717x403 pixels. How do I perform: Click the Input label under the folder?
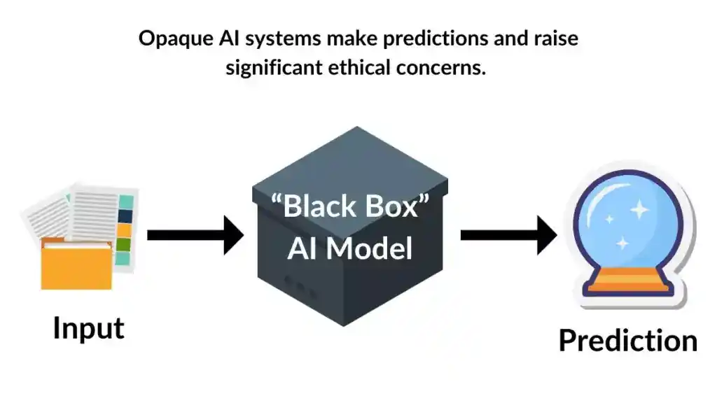tap(88, 328)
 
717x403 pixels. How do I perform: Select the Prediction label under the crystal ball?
tap(627, 341)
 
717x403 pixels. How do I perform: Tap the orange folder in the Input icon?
tap(76, 266)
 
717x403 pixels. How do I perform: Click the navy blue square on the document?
tap(125, 217)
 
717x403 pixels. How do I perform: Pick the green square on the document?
tap(124, 245)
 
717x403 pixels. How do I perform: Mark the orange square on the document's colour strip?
tap(125, 230)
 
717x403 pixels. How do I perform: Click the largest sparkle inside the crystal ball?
tap(638, 210)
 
